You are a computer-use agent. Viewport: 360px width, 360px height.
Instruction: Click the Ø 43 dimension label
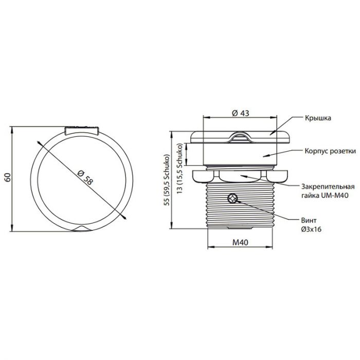(240, 113)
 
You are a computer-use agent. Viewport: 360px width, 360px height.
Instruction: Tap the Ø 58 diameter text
(85, 177)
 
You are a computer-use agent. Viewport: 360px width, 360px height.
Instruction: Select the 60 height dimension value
(8, 177)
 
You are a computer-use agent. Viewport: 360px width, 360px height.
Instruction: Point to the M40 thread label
(240, 242)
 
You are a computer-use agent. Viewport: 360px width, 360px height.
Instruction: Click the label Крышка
(318, 118)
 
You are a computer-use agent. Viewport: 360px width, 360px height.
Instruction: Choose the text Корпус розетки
(330, 151)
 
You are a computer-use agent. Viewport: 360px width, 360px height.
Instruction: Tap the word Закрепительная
(328, 186)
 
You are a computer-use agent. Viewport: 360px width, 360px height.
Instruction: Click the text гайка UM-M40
(325, 195)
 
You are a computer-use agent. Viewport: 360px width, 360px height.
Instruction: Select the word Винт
(309, 221)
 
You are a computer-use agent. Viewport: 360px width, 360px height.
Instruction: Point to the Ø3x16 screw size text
(311, 229)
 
